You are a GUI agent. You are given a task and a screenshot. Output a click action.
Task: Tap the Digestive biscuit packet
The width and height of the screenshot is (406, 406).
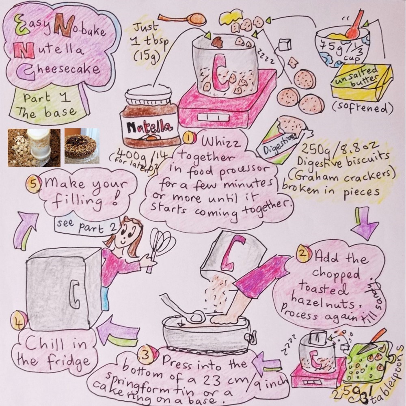pyautogui.click(x=284, y=142)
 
